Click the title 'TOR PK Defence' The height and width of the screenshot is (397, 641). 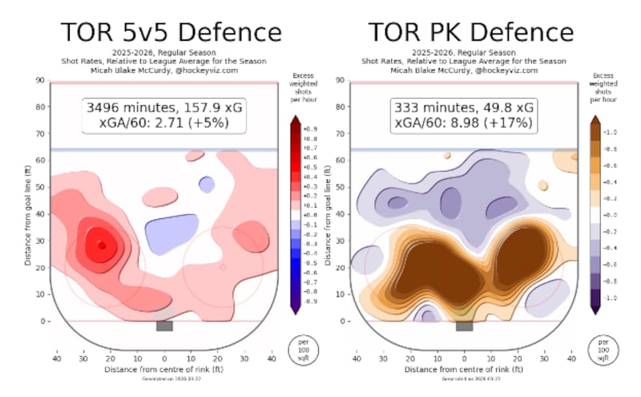point(470,33)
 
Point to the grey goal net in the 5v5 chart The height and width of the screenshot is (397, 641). point(164,326)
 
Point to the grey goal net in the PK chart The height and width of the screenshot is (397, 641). point(464,326)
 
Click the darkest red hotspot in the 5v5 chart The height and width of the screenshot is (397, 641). point(101,245)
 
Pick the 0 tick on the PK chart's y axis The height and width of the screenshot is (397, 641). point(341,321)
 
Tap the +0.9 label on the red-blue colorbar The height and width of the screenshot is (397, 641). point(311,128)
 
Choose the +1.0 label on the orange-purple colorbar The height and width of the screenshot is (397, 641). point(611,132)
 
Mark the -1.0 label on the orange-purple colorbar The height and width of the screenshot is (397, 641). point(611,298)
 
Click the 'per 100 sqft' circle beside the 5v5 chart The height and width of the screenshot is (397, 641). point(300,349)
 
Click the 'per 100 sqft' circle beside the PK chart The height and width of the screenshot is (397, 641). point(601,349)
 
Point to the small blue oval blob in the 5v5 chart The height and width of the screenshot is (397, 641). point(207,184)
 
